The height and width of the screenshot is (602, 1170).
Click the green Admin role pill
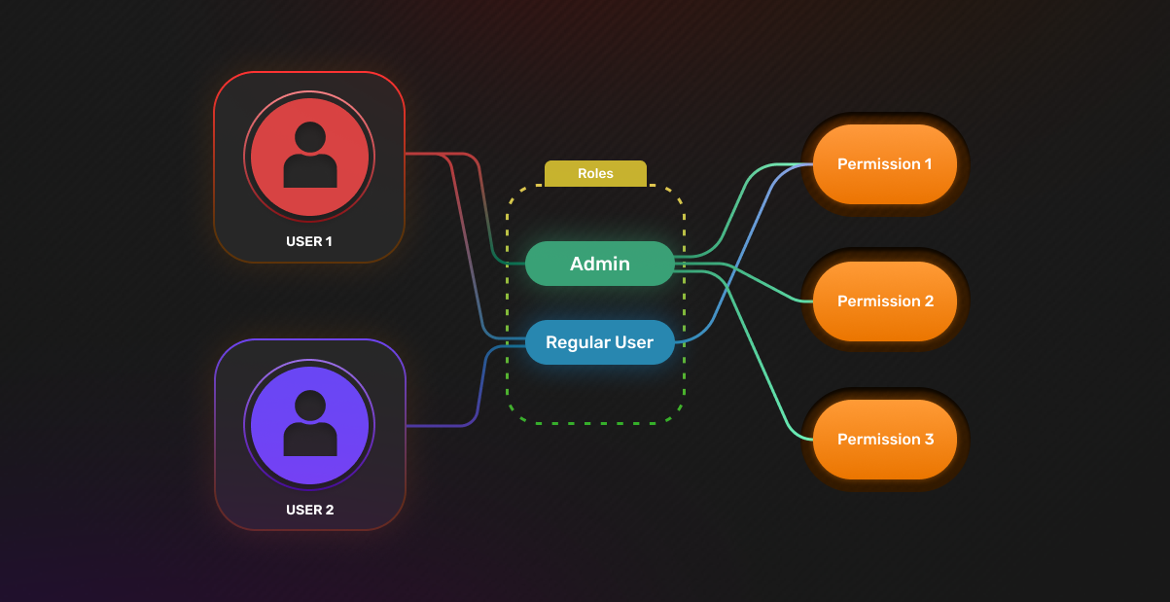click(600, 264)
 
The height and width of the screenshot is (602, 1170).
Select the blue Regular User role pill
click(600, 342)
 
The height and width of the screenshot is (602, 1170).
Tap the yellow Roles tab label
click(595, 173)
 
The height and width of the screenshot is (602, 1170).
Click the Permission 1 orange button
click(885, 164)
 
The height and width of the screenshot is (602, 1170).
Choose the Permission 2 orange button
click(885, 301)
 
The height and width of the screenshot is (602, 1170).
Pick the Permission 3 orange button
click(885, 440)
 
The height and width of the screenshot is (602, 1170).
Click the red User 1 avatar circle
click(309, 157)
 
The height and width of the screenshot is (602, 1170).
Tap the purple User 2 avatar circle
click(309, 425)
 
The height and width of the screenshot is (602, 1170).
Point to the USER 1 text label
click(308, 241)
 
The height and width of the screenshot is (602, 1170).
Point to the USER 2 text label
click(309, 510)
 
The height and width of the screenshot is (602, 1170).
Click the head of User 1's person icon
click(310, 138)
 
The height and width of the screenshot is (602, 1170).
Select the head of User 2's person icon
click(310, 407)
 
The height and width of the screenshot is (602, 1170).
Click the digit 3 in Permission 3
click(929, 439)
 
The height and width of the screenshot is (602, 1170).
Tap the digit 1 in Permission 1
click(928, 164)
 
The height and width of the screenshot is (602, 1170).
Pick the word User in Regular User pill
click(634, 342)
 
